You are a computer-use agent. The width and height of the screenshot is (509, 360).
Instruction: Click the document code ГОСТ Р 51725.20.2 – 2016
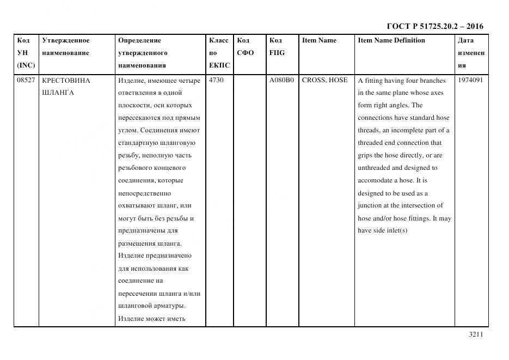[434, 26]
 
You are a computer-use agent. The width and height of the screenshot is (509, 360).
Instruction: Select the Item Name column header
[319, 40]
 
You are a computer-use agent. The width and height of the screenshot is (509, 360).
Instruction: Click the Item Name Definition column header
[391, 40]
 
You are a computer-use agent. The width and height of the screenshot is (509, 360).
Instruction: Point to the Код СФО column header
[245, 47]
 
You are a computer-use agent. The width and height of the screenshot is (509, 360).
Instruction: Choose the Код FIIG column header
[277, 47]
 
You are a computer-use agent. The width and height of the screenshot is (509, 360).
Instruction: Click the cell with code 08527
[24, 80]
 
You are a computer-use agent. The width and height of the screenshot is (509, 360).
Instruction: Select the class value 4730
[216, 80]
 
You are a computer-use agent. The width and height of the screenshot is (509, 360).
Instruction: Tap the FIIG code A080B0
[281, 80]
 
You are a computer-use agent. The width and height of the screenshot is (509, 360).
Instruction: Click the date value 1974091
[471, 80]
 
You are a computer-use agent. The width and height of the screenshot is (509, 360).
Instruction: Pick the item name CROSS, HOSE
[324, 80]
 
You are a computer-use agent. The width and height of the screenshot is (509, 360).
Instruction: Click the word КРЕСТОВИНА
[66, 80]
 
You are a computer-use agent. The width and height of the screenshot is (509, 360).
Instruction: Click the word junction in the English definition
[370, 205]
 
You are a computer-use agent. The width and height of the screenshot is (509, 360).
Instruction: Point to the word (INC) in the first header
[26, 65]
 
